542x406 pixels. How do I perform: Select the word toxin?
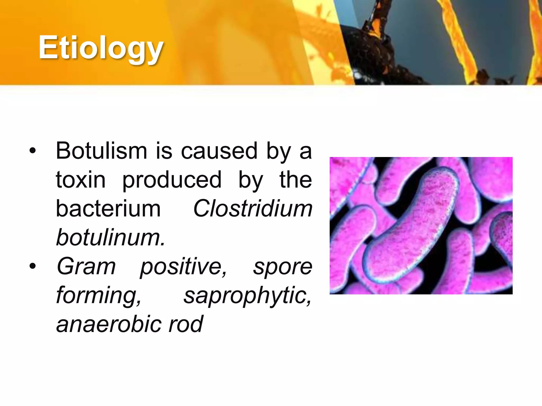(81, 180)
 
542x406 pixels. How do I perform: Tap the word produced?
(172, 180)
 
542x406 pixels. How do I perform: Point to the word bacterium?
(108, 209)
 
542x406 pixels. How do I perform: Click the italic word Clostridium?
(253, 209)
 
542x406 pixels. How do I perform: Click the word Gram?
(86, 266)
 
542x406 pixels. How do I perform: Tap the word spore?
(283, 266)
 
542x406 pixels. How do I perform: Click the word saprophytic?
(248, 296)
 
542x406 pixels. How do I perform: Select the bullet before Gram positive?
(33, 266)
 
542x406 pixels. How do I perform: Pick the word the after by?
(296, 180)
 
